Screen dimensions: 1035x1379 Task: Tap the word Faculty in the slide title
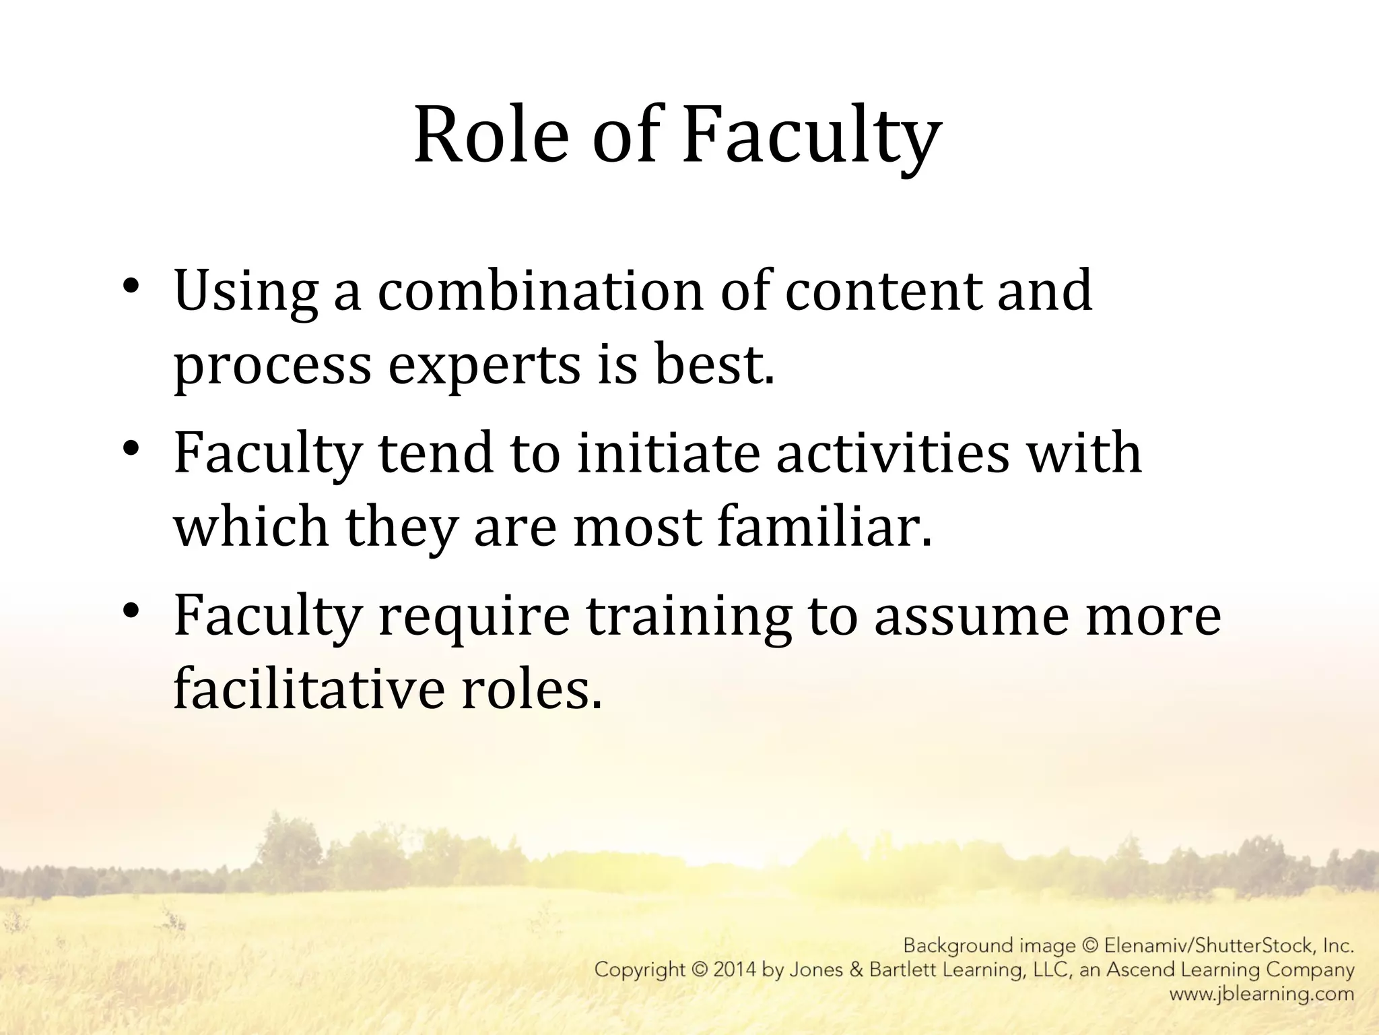(x=811, y=138)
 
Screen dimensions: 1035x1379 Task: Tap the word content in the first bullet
(x=882, y=291)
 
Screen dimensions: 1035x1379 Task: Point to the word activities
(x=893, y=453)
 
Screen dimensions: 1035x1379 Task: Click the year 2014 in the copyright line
(x=733, y=970)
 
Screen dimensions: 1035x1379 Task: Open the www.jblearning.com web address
(x=1261, y=994)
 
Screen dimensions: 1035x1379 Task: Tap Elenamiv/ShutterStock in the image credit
(x=1209, y=946)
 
